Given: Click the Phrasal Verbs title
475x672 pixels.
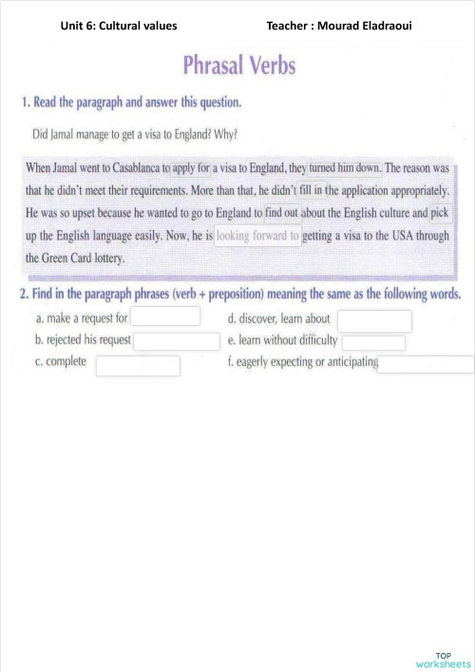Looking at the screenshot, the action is [238, 65].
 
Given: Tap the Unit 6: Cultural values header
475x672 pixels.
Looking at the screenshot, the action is [119, 25].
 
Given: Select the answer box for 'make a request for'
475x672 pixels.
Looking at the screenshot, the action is [165, 317].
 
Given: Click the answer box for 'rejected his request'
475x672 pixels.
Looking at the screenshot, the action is [176, 340].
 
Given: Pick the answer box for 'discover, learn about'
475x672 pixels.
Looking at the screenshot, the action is [374, 320].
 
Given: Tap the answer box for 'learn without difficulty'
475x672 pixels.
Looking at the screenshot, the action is [373, 342].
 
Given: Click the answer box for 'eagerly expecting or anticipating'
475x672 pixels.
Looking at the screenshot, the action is [425, 363].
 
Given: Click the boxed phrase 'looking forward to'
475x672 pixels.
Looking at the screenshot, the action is [257, 235].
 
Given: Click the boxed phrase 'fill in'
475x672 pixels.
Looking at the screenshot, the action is [311, 190].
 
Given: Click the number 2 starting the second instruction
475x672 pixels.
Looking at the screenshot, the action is [25, 294].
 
